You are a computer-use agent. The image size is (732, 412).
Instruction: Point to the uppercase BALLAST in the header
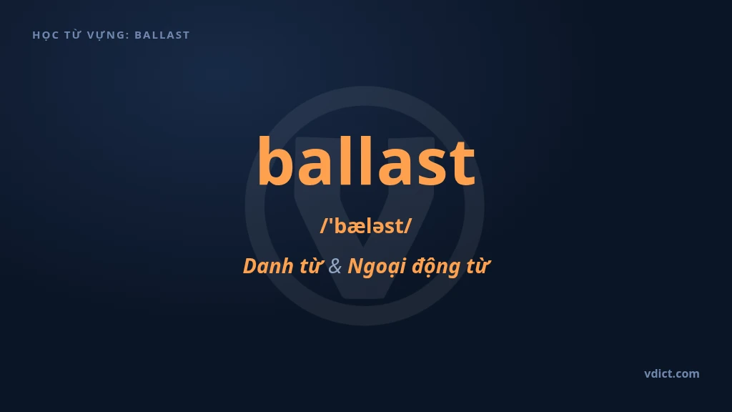(162, 35)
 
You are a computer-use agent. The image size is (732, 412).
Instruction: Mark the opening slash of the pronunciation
(325, 226)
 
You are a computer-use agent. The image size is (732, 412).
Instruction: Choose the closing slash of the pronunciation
(407, 226)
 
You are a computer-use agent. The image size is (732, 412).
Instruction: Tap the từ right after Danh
(311, 266)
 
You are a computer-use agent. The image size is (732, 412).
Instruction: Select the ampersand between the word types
(335, 266)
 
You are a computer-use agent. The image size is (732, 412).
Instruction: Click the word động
(435, 268)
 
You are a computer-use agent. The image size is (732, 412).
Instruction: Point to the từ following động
(477, 266)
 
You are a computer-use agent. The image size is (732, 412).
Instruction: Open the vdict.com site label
(672, 373)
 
